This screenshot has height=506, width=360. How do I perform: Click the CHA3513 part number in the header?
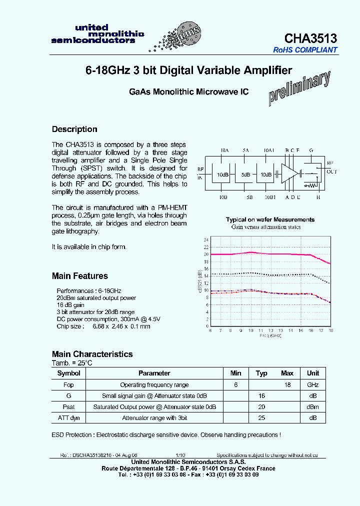click(310, 38)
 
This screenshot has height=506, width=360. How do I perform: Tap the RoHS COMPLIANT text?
click(305, 50)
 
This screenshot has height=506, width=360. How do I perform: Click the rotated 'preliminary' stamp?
click(299, 88)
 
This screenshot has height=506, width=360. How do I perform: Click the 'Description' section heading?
click(74, 129)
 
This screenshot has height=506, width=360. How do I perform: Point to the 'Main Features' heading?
click(79, 276)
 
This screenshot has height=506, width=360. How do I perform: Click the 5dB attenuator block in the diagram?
click(246, 175)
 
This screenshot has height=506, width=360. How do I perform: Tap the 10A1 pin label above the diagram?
click(269, 150)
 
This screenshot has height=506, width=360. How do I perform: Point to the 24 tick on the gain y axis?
click(205, 239)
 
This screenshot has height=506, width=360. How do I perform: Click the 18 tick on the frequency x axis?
click(330, 330)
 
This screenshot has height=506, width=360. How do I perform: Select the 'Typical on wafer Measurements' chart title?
click(270, 219)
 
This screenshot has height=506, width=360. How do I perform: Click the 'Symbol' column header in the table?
click(68, 373)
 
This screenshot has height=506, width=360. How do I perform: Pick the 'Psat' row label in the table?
click(68, 407)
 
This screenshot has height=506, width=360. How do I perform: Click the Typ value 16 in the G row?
click(261, 396)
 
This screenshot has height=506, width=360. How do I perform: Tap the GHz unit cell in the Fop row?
click(312, 385)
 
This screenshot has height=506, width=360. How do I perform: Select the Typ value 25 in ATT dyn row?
click(261, 418)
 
